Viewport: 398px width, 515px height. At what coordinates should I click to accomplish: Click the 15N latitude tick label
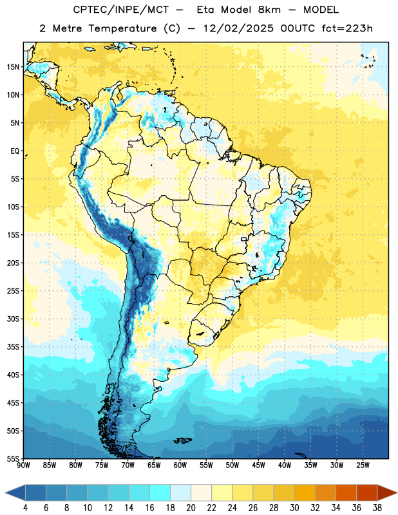click(13, 67)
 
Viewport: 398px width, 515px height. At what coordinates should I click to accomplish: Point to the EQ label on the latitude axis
click(15, 151)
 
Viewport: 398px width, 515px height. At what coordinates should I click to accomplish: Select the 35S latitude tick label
click(13, 347)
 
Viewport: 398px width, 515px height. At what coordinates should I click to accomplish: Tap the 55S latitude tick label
click(13, 458)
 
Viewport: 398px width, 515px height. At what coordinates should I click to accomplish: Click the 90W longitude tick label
click(24, 465)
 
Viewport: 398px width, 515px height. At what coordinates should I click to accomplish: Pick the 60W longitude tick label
click(180, 465)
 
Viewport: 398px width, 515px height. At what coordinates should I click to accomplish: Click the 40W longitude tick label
click(285, 465)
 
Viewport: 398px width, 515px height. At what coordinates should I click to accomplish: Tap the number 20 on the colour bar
click(191, 508)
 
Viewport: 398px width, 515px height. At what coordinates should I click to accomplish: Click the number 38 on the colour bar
click(377, 508)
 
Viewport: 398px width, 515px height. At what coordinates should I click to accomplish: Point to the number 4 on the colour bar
click(25, 508)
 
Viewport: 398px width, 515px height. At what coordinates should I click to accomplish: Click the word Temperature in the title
click(122, 28)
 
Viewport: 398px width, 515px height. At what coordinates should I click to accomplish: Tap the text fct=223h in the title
click(347, 28)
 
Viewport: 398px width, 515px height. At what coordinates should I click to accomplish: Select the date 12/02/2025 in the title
click(238, 28)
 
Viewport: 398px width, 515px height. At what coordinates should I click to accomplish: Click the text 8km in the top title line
click(269, 10)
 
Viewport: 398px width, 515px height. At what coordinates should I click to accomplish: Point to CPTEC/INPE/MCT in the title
click(121, 10)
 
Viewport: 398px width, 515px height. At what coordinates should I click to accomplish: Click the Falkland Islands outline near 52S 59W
click(183, 440)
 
